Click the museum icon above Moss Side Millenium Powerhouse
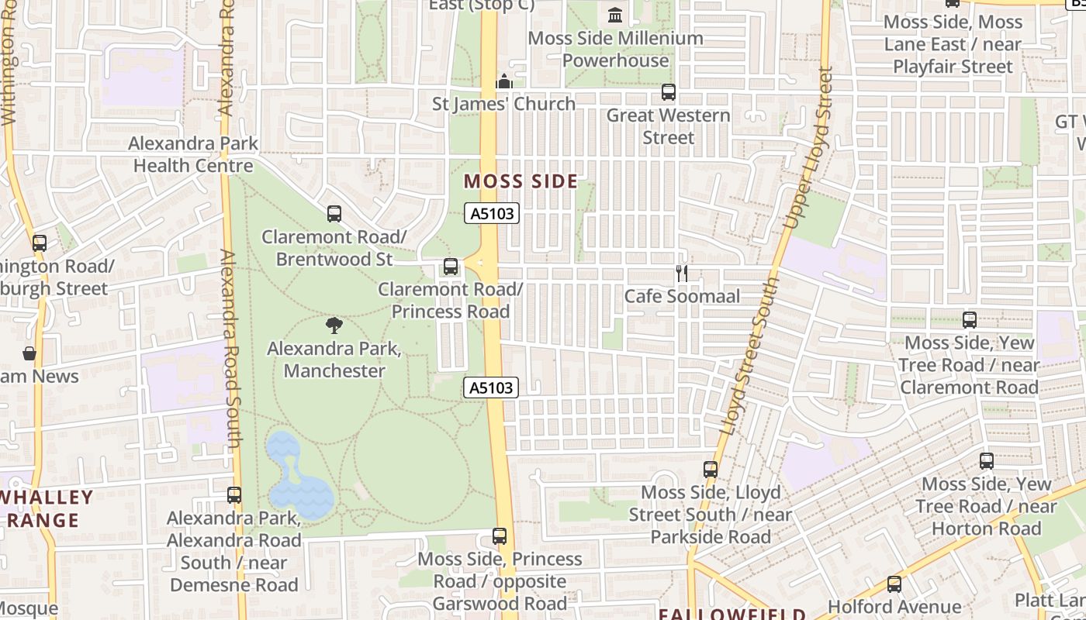tap(615, 15)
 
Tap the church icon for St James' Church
tap(504, 81)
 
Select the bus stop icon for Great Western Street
tap(668, 92)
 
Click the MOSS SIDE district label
tap(521, 182)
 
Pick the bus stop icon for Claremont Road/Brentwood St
tap(334, 213)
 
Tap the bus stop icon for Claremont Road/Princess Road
tap(450, 267)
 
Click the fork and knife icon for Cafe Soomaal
tap(681, 273)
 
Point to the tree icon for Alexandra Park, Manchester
tap(334, 325)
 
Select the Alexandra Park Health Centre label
tap(193, 154)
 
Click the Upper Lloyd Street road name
tap(809, 147)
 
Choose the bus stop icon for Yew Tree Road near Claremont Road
tap(969, 319)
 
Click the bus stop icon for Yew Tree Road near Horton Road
tap(986, 461)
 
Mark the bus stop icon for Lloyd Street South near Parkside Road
tap(710, 469)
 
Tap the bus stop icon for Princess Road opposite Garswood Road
tap(500, 536)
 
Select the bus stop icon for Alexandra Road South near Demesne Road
tap(233, 494)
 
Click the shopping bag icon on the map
tap(29, 353)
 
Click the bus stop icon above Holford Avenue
tap(894, 584)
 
